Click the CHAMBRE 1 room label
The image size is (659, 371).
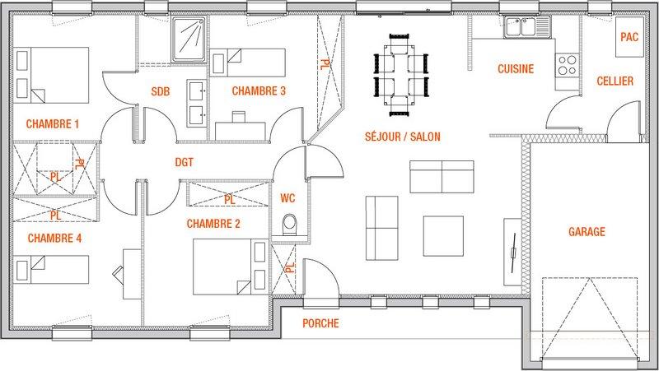click(53, 124)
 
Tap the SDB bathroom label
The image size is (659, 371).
click(161, 91)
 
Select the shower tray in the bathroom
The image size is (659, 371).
click(189, 39)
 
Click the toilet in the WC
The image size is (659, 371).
click(290, 225)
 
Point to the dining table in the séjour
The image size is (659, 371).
click(400, 74)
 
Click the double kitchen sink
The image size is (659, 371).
click(527, 27)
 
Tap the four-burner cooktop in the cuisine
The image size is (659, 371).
click(567, 65)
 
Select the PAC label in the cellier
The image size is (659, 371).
click(629, 37)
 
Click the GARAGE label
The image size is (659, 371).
click(587, 232)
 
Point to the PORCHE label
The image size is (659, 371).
click(320, 323)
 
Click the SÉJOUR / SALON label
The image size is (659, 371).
click(403, 137)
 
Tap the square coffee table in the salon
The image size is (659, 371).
click(443, 236)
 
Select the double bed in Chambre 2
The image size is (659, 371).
click(231, 267)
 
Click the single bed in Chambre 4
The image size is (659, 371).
click(51, 270)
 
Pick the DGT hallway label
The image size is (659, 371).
click(184, 162)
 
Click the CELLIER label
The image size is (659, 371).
click(615, 81)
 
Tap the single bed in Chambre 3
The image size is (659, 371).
click(248, 63)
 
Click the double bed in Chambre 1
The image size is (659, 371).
click(51, 75)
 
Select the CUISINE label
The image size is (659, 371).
click(516, 69)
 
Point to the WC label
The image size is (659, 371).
click(287, 198)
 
